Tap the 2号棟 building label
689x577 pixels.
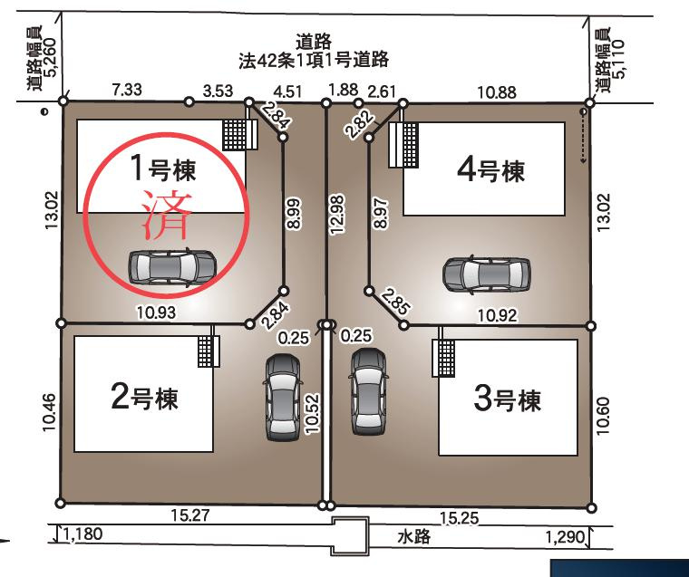point(144,398)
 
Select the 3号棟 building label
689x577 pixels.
point(508,399)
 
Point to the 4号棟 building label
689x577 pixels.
point(490,170)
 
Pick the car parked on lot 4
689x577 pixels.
point(487,274)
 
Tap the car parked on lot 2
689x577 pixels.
point(282,396)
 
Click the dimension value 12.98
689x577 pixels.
point(339,215)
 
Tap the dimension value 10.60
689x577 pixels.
point(606,416)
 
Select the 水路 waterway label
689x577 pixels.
point(412,535)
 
